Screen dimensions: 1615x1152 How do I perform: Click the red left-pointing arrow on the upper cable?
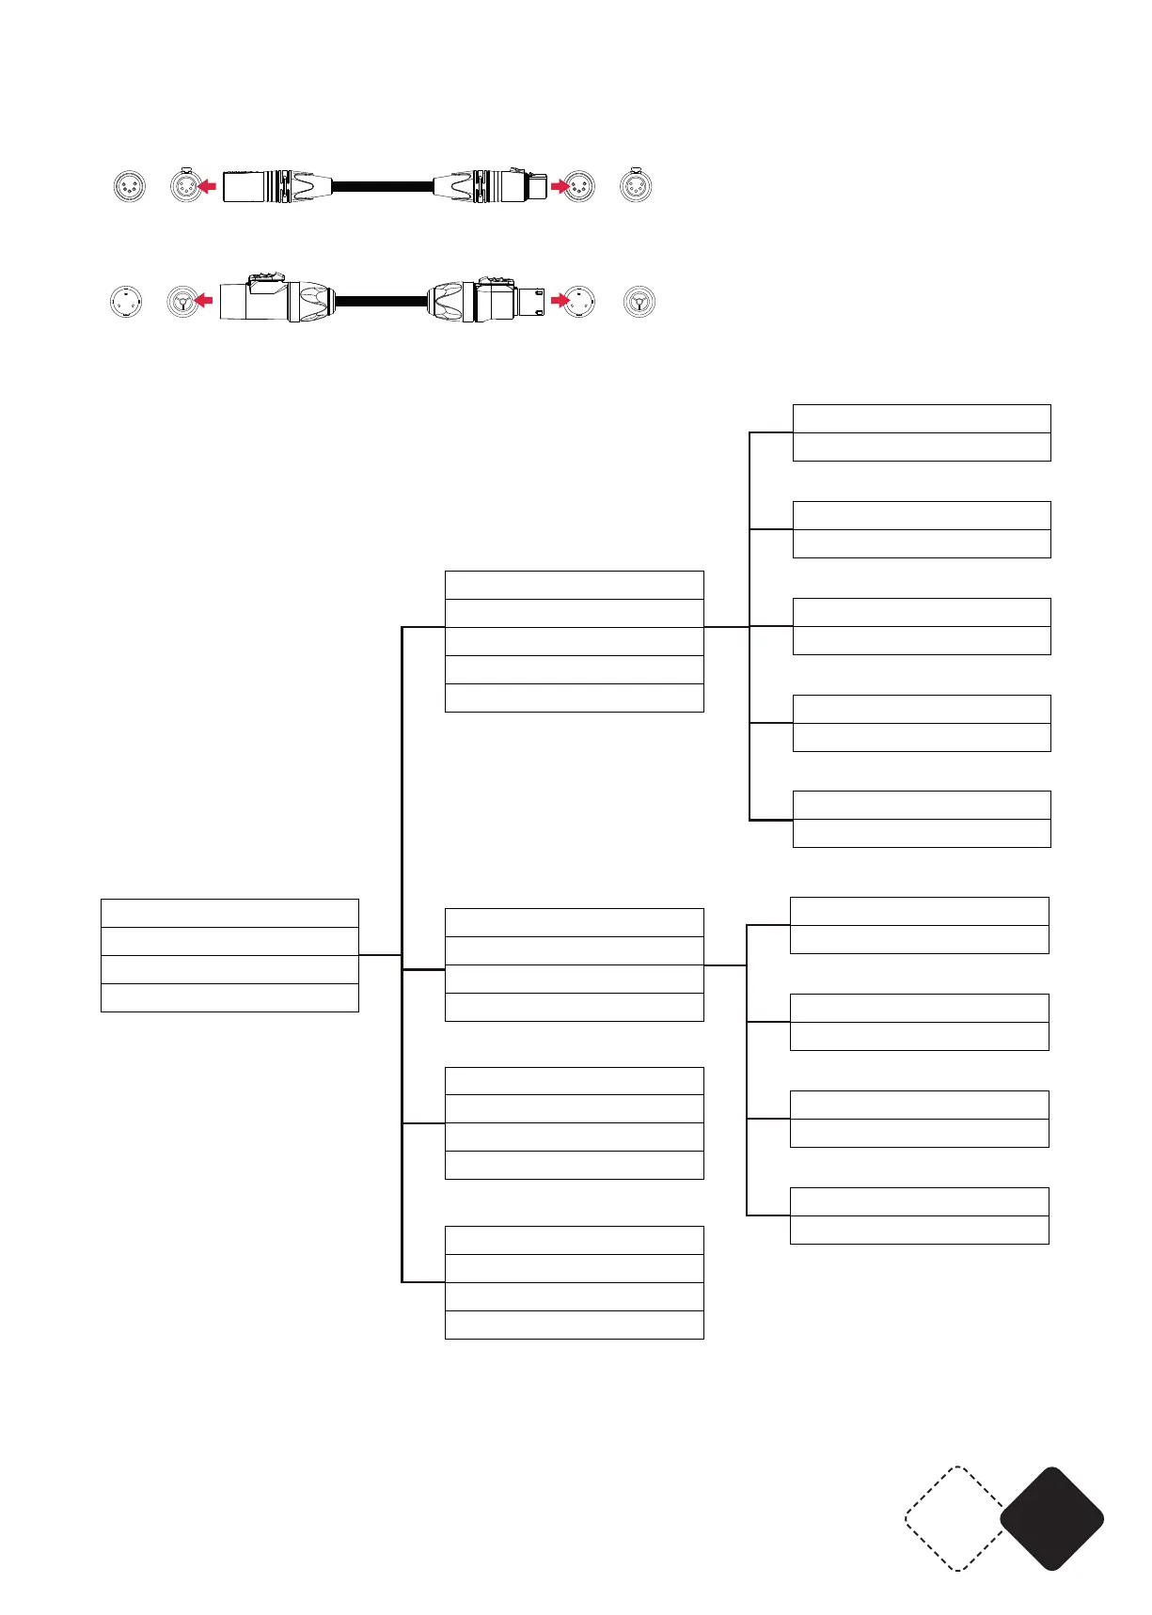[207, 186]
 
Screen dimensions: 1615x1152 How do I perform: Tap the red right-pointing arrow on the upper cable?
[560, 186]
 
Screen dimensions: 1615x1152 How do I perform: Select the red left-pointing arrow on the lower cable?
[203, 302]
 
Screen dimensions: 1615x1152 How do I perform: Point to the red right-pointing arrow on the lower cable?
[560, 302]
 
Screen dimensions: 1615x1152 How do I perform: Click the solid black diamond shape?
[1051, 1518]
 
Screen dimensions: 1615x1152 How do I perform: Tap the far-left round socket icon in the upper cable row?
[128, 186]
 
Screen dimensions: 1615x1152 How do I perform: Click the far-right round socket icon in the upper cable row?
[636, 186]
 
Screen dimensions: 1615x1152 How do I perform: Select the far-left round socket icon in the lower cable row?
[126, 302]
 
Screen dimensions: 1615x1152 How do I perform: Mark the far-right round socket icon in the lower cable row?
[639, 302]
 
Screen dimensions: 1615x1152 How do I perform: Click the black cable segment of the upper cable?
[381, 186]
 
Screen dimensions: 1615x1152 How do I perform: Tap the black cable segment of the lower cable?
[381, 302]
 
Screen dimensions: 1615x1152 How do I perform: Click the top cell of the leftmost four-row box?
[229, 914]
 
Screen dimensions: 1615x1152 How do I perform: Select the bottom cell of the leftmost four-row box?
[229, 997]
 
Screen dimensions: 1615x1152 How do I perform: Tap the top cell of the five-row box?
[574, 585]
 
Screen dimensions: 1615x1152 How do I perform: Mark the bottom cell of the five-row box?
[574, 698]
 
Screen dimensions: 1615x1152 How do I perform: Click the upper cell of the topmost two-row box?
[922, 418]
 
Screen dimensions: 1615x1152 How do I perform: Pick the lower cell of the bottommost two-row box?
[919, 1230]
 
